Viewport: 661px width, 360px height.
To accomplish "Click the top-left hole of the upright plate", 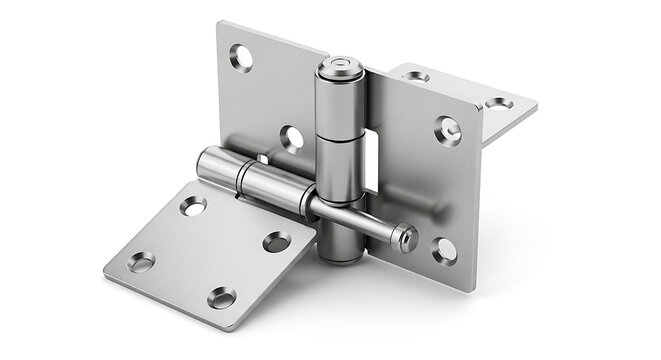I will click(x=241, y=57).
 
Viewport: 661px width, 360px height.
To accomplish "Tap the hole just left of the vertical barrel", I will click(x=290, y=138).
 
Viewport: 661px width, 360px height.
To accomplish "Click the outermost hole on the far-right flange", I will click(x=497, y=103).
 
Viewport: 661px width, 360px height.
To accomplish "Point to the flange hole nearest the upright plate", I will click(x=417, y=77).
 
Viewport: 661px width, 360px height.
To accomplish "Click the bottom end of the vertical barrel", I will click(x=342, y=257).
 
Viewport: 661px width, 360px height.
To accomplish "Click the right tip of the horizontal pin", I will click(x=409, y=239).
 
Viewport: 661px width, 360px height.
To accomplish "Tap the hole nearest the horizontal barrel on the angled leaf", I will click(x=193, y=206).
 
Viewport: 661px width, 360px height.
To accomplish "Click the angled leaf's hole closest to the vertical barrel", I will click(x=276, y=241).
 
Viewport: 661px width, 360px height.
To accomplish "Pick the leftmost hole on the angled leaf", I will click(x=141, y=262).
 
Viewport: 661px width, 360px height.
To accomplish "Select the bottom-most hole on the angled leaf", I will click(x=221, y=297).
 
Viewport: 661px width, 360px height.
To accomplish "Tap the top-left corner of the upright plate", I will click(x=219, y=24).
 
